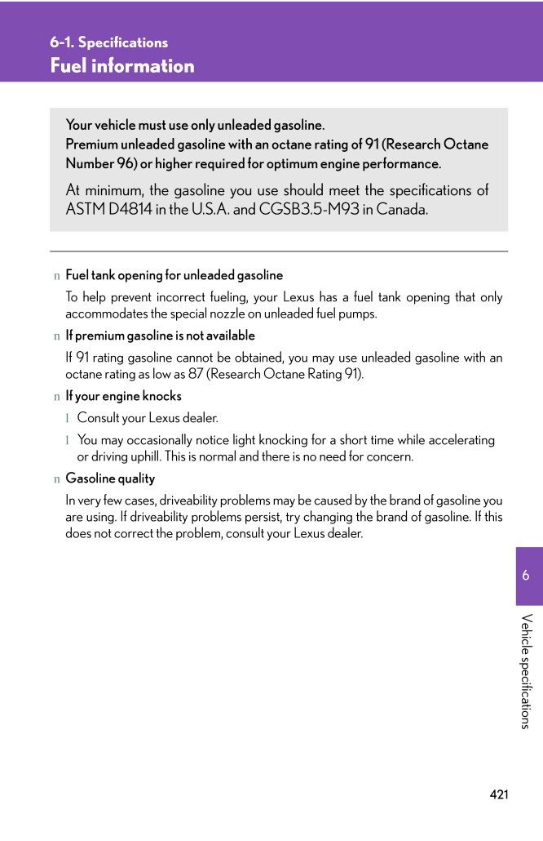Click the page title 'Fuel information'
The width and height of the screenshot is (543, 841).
[x=122, y=66]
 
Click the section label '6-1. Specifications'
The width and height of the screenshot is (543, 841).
[x=108, y=42]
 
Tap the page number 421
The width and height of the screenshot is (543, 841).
[x=499, y=794]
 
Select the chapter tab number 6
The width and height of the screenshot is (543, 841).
[x=526, y=576]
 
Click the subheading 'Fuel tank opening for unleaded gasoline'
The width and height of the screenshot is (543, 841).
[x=174, y=275]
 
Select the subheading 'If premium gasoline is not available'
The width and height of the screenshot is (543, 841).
[x=160, y=336]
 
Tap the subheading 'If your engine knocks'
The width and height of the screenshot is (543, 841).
[x=123, y=396]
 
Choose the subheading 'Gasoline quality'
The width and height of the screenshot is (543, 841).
[x=110, y=478]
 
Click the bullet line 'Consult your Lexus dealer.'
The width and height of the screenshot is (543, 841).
[x=148, y=418]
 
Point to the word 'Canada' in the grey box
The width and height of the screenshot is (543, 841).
[x=401, y=210]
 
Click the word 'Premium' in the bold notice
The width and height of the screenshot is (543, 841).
[x=90, y=145]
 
